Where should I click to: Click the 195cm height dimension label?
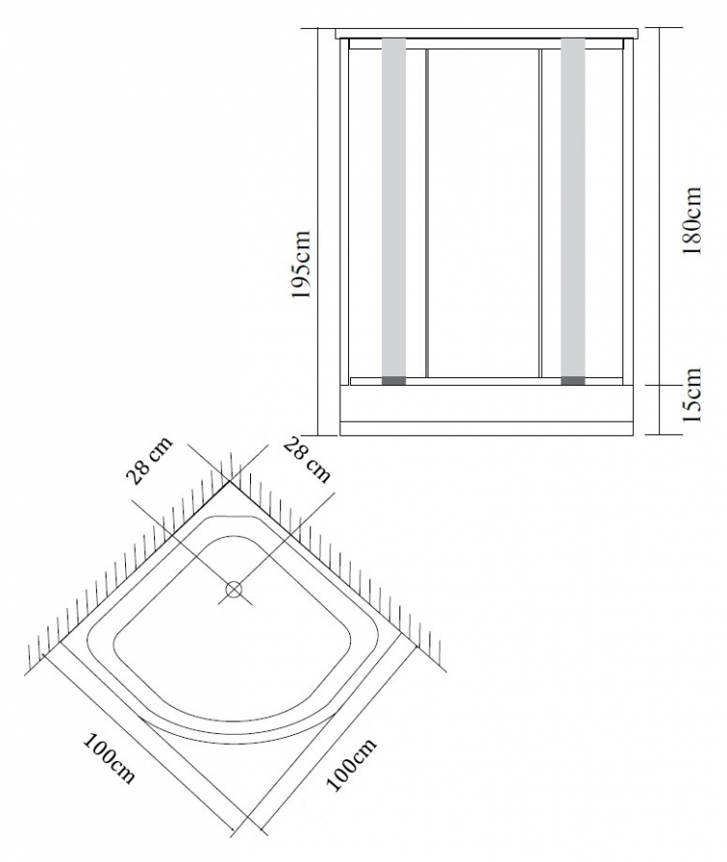301,265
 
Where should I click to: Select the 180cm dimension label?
691,220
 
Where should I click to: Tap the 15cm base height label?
692,395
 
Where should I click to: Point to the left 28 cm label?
149,461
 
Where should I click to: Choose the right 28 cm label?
307,462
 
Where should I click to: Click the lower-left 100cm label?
109,758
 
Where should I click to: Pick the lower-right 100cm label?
351,764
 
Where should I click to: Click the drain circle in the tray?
234,590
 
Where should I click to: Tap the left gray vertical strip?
394,208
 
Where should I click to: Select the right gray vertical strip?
573,208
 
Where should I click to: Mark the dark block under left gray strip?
394,380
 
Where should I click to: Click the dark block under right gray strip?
573,380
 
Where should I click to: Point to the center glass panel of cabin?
482,213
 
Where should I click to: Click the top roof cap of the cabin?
487,33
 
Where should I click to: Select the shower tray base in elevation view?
487,410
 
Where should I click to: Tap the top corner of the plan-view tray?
230,480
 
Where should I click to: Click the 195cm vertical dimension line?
319,232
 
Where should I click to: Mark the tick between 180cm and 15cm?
659,385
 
